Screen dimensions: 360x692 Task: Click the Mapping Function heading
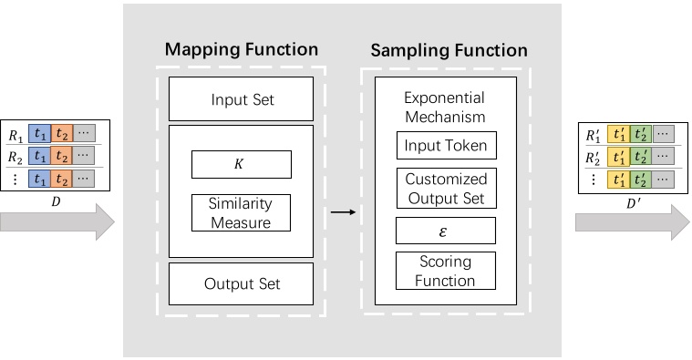coord(242,49)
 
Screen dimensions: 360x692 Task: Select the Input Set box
coord(242,98)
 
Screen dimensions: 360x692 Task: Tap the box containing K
coord(242,165)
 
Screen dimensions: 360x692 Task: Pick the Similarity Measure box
coord(242,211)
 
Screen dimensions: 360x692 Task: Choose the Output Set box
coord(242,283)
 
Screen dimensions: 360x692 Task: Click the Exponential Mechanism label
coord(445,108)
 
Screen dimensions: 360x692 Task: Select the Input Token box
coord(445,145)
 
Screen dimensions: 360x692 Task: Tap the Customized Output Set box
coord(445,188)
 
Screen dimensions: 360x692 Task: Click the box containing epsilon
coord(445,230)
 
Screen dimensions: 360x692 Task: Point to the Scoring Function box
coord(445,270)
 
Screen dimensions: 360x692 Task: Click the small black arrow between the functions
coord(343,212)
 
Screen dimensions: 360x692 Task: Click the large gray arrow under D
coord(57,221)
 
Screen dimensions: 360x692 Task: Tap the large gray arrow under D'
coord(632,221)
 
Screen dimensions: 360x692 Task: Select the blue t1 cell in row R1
coord(39,135)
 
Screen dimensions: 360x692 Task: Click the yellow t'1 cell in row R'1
coord(620,135)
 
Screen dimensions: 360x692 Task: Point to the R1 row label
coord(15,135)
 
